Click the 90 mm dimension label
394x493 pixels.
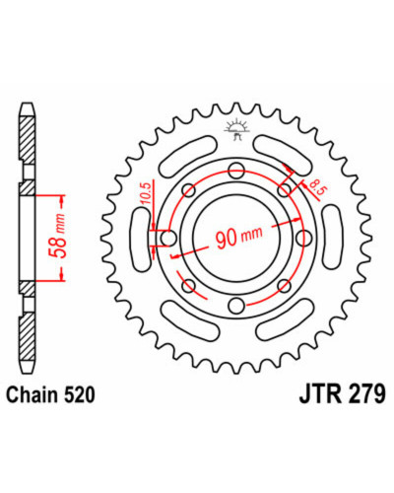[239, 236]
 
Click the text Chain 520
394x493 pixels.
[51, 394]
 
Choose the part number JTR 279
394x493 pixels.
[342, 394]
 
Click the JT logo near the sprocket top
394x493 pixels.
[236, 130]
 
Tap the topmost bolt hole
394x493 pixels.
[236, 171]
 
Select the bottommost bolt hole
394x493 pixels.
[236, 306]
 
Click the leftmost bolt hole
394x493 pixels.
[168, 239]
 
